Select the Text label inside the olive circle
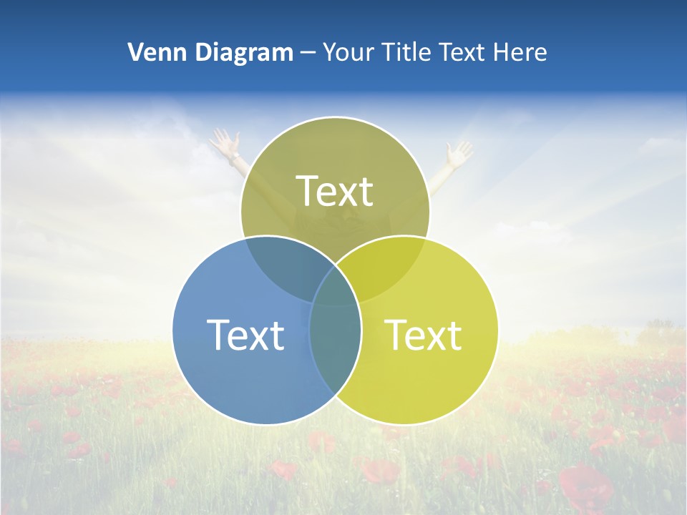(334, 191)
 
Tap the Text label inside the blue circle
(245, 335)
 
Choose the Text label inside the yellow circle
(423, 335)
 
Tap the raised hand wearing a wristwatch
(224, 140)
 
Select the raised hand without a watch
(459, 152)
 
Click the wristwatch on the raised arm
(234, 155)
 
